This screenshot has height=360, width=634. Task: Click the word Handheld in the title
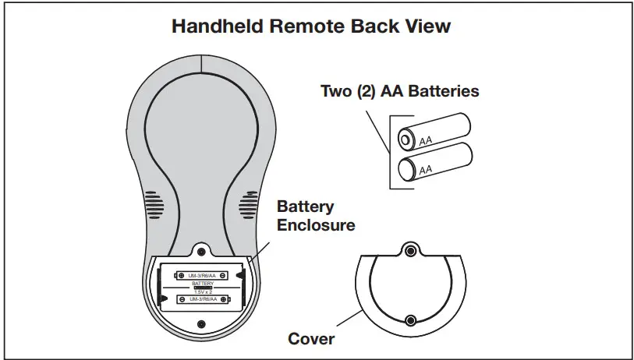(214, 26)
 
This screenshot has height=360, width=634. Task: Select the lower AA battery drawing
(433, 160)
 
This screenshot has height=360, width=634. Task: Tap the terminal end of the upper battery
(406, 139)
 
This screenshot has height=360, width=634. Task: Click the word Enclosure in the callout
(316, 225)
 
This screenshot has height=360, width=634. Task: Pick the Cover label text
(311, 339)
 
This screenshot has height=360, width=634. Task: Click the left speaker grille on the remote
(152, 204)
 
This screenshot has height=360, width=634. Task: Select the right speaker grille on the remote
(250, 204)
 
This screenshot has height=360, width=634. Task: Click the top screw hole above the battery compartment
(201, 252)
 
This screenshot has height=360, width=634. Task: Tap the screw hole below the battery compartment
(201, 323)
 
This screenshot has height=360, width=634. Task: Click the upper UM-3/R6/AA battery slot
(202, 275)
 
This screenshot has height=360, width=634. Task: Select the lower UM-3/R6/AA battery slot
(202, 300)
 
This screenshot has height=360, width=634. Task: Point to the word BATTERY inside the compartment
(202, 284)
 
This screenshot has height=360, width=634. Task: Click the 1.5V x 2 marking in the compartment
(202, 291)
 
